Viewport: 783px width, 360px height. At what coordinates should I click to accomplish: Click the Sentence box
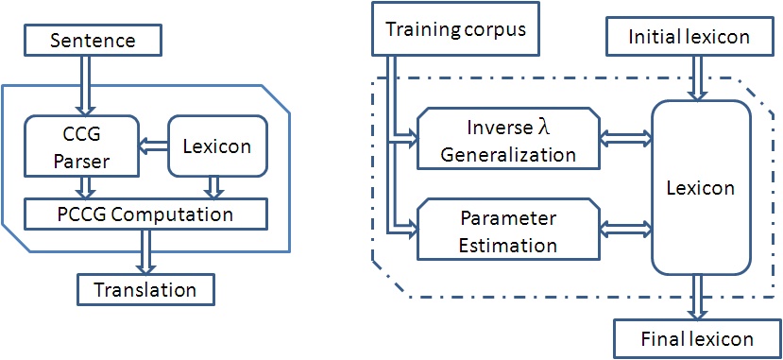pyautogui.click(x=93, y=41)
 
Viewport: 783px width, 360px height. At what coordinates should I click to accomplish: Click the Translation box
pyautogui.click(x=145, y=288)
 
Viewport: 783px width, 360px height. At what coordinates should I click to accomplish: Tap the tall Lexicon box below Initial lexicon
pyautogui.click(x=699, y=188)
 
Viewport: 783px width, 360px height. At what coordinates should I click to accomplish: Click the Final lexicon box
pyautogui.click(x=697, y=338)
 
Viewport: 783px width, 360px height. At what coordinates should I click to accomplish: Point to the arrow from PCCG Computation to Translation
pyautogui.click(x=146, y=250)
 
